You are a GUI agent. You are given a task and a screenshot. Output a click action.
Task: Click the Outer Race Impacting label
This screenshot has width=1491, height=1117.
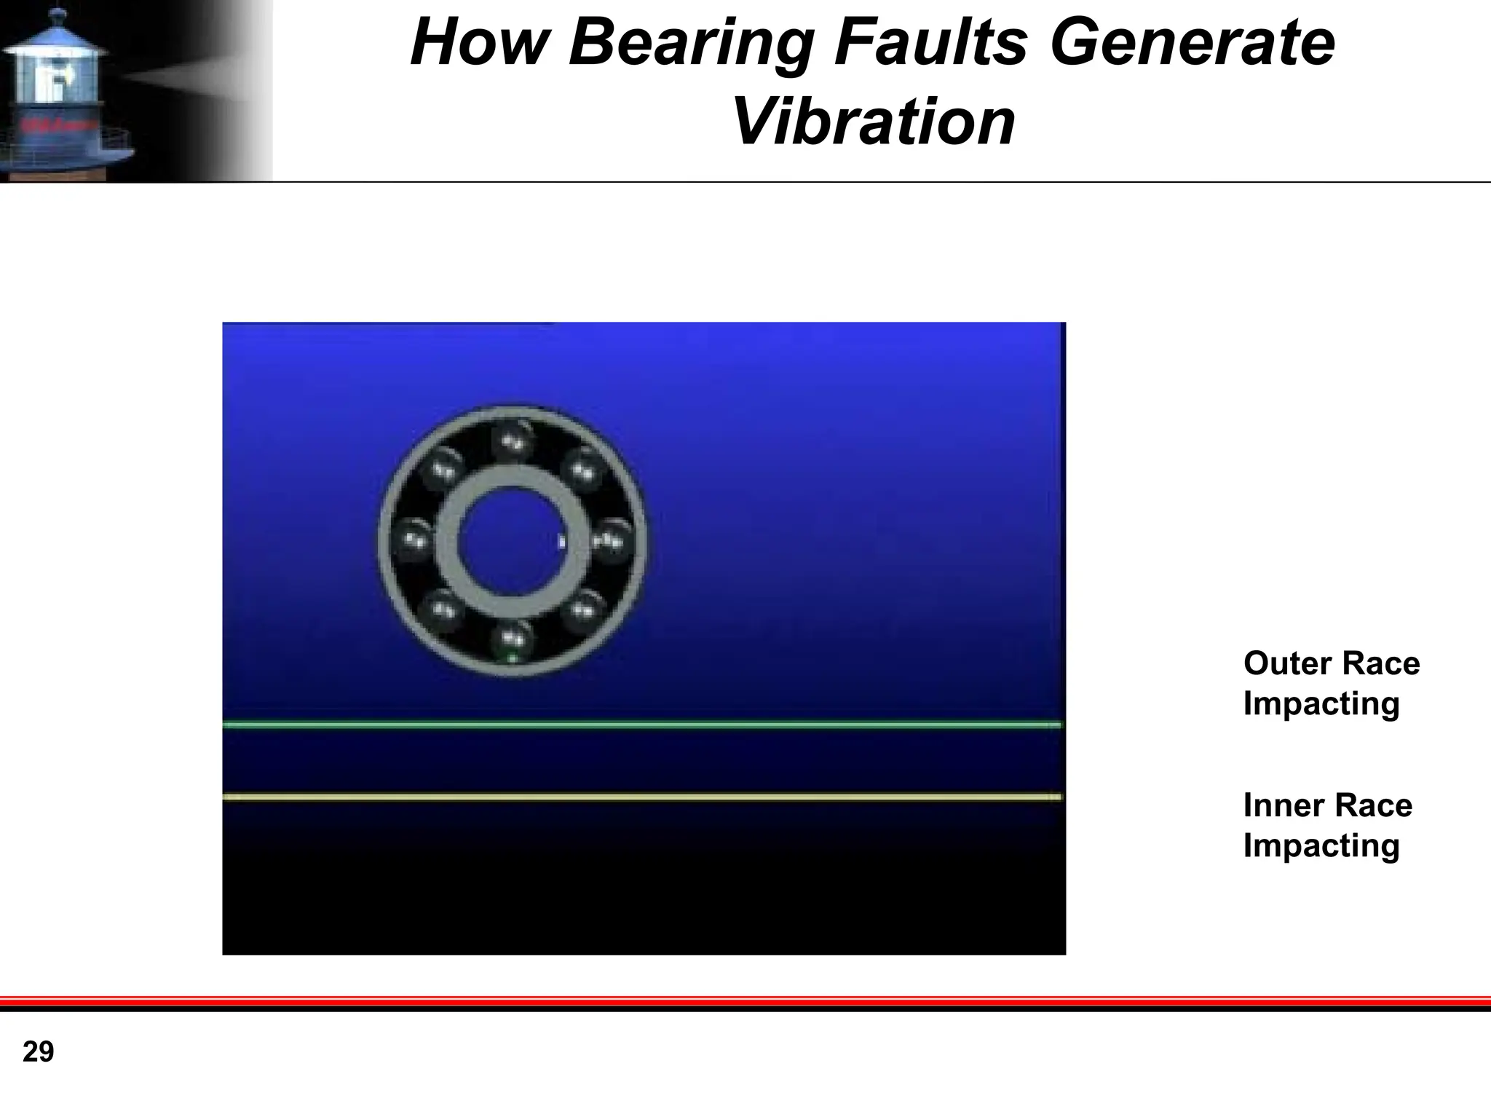[x=1331, y=683]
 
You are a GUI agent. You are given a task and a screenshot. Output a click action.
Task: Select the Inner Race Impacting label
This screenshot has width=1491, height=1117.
[x=1327, y=825]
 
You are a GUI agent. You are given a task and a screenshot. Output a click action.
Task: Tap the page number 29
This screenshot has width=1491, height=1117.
[x=39, y=1051]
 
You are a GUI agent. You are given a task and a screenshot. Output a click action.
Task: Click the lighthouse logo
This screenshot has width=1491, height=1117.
[x=66, y=91]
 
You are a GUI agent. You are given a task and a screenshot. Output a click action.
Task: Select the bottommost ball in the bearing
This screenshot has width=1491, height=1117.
[x=513, y=640]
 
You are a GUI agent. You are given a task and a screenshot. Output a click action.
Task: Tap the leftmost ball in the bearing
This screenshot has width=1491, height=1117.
[x=413, y=540]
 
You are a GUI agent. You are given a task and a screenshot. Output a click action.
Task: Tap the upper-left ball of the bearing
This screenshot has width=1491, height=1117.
[x=442, y=470]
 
